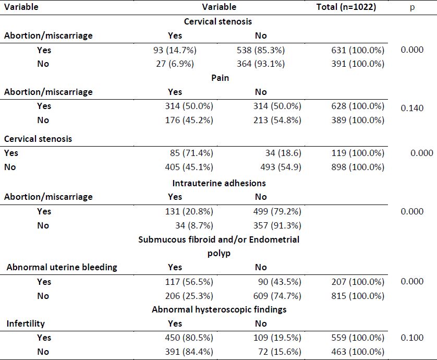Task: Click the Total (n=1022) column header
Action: pyautogui.click(x=346, y=7)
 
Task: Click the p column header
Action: pyautogui.click(x=412, y=7)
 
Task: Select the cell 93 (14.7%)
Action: pyautogui.click(x=175, y=50)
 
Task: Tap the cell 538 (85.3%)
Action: pyautogui.click(x=261, y=50)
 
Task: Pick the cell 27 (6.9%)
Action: pyautogui.click(x=175, y=64)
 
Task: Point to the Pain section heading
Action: pyautogui.click(x=220, y=78)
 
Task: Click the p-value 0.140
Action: pyautogui.click(x=412, y=108)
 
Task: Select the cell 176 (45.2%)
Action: pyautogui.click(x=189, y=120)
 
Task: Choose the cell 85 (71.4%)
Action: pyautogui.click(x=191, y=153)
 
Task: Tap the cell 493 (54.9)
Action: pyautogui.click(x=281, y=167)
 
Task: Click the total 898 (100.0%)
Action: pyautogui.click(x=358, y=167)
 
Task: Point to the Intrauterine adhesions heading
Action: pyautogui.click(x=219, y=183)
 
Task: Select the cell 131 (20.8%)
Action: pyautogui.click(x=189, y=211)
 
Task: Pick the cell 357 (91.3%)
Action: pyautogui.click(x=277, y=225)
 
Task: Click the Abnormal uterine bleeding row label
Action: pyautogui.click(x=62, y=267)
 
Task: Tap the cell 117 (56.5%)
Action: pyautogui.click(x=189, y=282)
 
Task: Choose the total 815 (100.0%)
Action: pyautogui.click(x=358, y=296)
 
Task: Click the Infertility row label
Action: pyautogui.click(x=26, y=323)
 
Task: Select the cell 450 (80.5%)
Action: pyautogui.click(x=189, y=338)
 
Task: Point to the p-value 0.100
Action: pyautogui.click(x=412, y=338)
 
